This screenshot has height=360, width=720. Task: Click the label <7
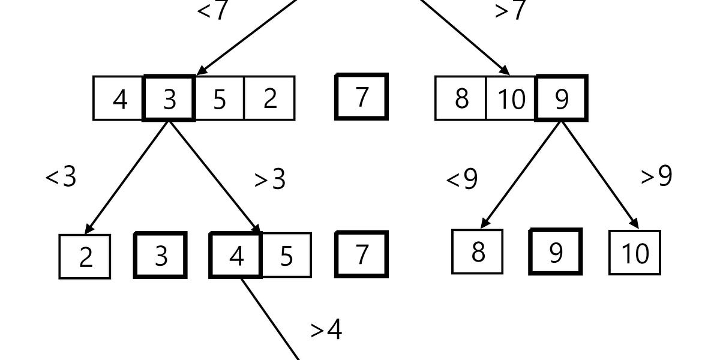pos(212,10)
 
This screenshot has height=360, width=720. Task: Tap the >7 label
pos(510,10)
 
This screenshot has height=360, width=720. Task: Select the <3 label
pos(61,177)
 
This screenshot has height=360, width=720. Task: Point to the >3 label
pos(270,179)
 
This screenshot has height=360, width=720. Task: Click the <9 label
pos(462,179)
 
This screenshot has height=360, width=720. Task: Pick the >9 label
pos(656,176)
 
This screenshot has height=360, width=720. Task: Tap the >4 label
pos(326,329)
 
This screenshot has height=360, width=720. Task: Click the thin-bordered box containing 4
pos(119,98)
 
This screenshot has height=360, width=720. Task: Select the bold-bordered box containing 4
pos(236,256)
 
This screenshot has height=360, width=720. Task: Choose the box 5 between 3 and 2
pos(220,98)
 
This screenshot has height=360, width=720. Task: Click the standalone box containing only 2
pos(85,257)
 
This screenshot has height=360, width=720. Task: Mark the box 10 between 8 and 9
pos(511,98)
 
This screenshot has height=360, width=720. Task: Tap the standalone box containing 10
pos(635,253)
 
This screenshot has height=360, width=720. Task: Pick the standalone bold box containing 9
pos(556,252)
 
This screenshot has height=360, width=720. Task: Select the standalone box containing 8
pos(478,252)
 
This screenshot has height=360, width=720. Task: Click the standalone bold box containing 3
pos(161,256)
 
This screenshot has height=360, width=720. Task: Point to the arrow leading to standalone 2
pos(127,176)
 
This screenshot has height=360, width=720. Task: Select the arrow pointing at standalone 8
pos(521,174)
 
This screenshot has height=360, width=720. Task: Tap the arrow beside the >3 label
pos(215,176)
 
